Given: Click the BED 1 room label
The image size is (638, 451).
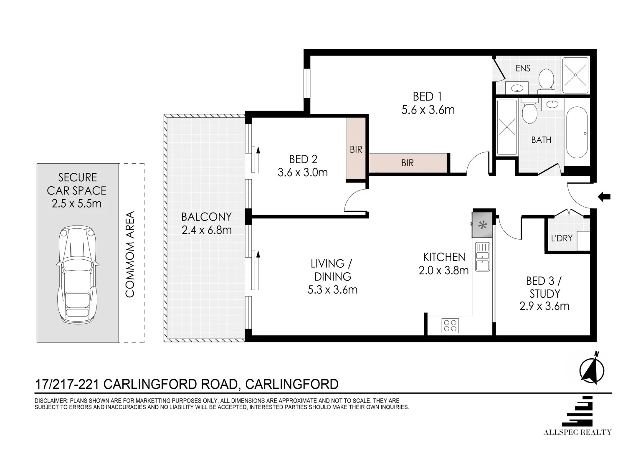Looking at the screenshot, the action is (x=427, y=96).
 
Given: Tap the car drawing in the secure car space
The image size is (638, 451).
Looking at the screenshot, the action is (x=78, y=275).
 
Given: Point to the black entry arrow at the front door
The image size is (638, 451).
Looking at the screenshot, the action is (x=603, y=197).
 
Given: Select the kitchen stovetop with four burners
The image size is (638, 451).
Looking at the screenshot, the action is (x=450, y=325).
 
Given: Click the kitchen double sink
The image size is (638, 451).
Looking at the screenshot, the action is (x=483, y=256).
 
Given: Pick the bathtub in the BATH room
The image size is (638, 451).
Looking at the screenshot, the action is (x=577, y=132).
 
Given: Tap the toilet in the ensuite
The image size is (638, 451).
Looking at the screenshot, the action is (x=546, y=81).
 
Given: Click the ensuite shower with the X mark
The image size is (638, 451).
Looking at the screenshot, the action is (x=575, y=75).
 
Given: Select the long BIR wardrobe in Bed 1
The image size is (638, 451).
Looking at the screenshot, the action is (x=408, y=163).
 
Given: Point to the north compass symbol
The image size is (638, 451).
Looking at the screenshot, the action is (x=592, y=368).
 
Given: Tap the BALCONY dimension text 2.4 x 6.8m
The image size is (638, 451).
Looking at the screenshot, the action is (x=207, y=230).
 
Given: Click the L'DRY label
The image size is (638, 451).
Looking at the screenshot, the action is (x=562, y=238).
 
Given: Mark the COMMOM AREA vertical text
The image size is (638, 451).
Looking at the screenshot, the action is (x=130, y=254).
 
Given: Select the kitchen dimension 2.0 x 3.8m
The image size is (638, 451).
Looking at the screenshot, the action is (x=443, y=270).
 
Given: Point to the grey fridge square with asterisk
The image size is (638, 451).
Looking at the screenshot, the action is (x=483, y=225).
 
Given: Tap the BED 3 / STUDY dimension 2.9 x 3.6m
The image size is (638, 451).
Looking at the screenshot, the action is (x=544, y=306).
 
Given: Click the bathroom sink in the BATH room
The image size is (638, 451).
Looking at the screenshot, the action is (x=552, y=104).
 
